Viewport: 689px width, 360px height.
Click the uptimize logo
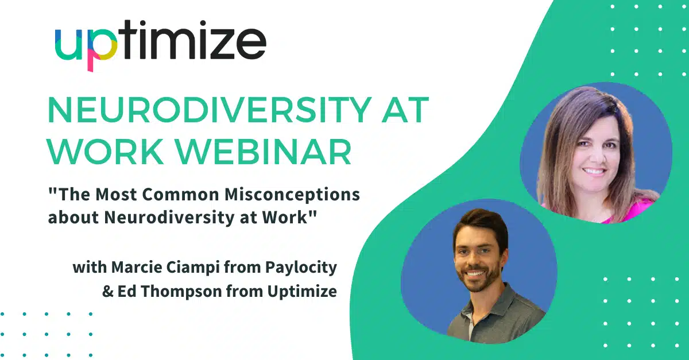click(161, 45)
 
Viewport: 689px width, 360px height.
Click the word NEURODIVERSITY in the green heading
click(210, 110)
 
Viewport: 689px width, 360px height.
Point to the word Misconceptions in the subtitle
click(292, 195)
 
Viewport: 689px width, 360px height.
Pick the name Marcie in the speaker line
click(136, 267)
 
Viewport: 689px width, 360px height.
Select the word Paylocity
click(301, 268)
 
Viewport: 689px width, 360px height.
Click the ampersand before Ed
click(108, 292)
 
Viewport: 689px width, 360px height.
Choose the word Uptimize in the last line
click(302, 292)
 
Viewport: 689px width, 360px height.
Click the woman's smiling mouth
click(594, 171)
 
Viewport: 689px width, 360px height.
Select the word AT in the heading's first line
click(405, 110)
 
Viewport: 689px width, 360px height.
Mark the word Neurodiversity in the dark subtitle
click(169, 218)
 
